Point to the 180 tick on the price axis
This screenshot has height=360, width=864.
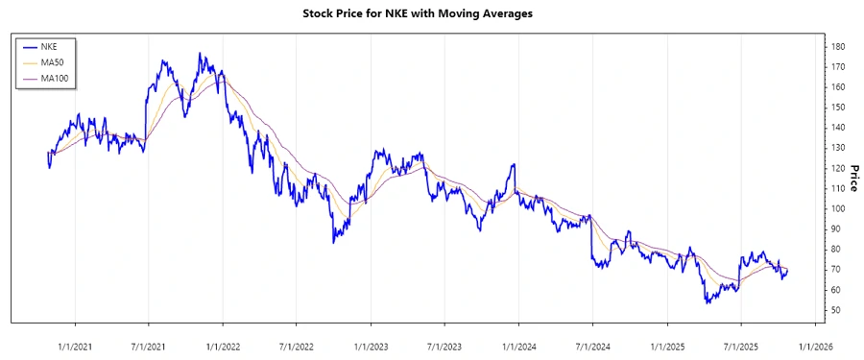(837, 46)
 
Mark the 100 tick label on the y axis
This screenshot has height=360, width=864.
(837, 208)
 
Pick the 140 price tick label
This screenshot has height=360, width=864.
(837, 128)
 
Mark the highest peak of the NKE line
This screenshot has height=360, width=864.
(201, 54)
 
